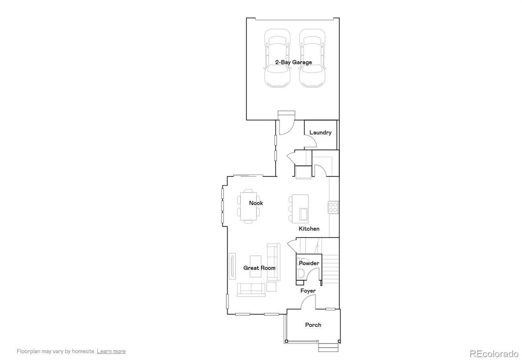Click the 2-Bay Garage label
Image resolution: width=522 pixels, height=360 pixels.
click(x=293, y=62)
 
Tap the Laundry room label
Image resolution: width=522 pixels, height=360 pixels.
click(x=320, y=132)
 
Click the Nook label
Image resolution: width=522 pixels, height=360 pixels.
click(x=256, y=203)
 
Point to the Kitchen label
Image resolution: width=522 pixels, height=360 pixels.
click(x=309, y=229)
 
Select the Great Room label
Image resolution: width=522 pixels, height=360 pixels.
click(x=259, y=268)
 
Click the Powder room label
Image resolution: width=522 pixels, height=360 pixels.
click(x=309, y=263)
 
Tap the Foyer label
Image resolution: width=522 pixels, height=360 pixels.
click(x=308, y=291)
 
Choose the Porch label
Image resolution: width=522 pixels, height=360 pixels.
click(x=313, y=325)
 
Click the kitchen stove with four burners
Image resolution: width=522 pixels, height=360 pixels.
click(x=333, y=207)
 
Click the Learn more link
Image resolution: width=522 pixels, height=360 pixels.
click(x=111, y=351)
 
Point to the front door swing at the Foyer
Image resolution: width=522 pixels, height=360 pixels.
click(x=308, y=302)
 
